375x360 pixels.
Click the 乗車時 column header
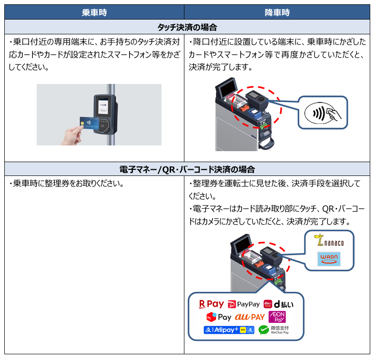pos(94,12)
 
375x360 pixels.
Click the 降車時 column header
pos(277,12)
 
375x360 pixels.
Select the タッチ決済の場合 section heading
pos(187,27)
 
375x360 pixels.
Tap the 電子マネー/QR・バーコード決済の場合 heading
pos(187,169)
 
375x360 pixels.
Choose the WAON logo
pos(329,259)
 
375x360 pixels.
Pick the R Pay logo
pos(212,304)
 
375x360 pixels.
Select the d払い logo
pos(278,304)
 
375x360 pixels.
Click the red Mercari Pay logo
pos(218,317)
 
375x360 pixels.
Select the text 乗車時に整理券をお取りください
pos(67,184)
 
